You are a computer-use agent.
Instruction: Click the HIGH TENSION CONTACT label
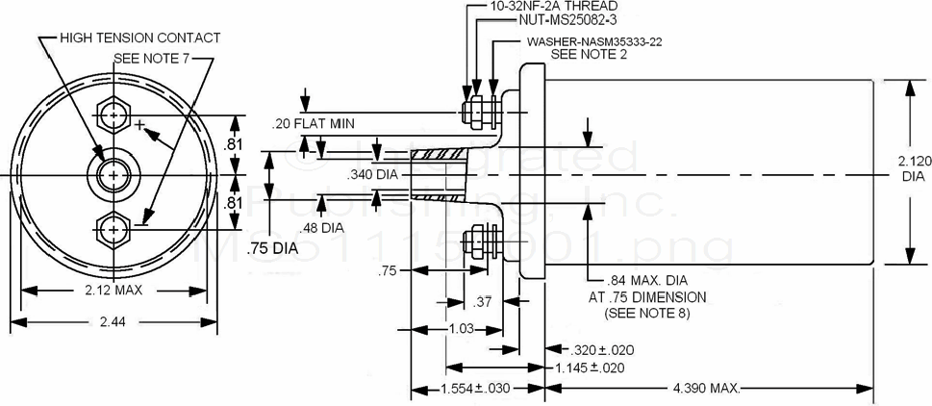[x=139, y=38]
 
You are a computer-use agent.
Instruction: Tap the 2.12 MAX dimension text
[x=108, y=289]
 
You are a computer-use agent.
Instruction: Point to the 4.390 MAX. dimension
[x=705, y=389]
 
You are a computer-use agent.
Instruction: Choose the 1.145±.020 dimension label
[x=590, y=368]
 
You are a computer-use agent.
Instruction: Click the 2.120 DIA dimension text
[x=914, y=170]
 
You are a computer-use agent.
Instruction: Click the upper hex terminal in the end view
[x=114, y=116]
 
